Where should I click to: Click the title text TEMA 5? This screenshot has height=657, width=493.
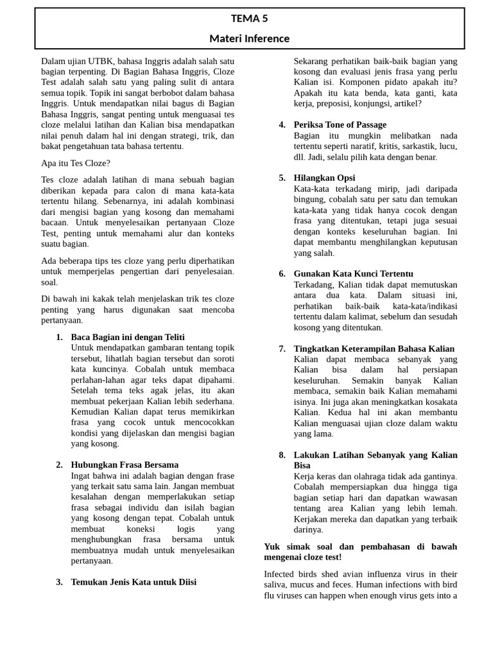249,19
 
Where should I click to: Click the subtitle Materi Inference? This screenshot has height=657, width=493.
249,38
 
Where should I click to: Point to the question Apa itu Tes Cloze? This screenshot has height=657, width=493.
76,163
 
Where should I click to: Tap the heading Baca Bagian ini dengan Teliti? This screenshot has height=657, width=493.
128,337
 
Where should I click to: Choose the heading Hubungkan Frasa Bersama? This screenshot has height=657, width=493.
125,465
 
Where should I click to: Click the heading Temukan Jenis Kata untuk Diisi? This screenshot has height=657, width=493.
134,582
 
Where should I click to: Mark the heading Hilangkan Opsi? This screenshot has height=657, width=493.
324,178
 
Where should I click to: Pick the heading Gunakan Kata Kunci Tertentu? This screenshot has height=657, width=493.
353,273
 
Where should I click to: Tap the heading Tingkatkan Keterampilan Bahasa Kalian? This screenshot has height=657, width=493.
374,348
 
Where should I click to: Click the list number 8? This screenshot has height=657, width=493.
282,455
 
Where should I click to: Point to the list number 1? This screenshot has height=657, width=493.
59,337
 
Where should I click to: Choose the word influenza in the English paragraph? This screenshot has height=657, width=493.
377,574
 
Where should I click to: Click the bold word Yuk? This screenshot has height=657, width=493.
272,546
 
